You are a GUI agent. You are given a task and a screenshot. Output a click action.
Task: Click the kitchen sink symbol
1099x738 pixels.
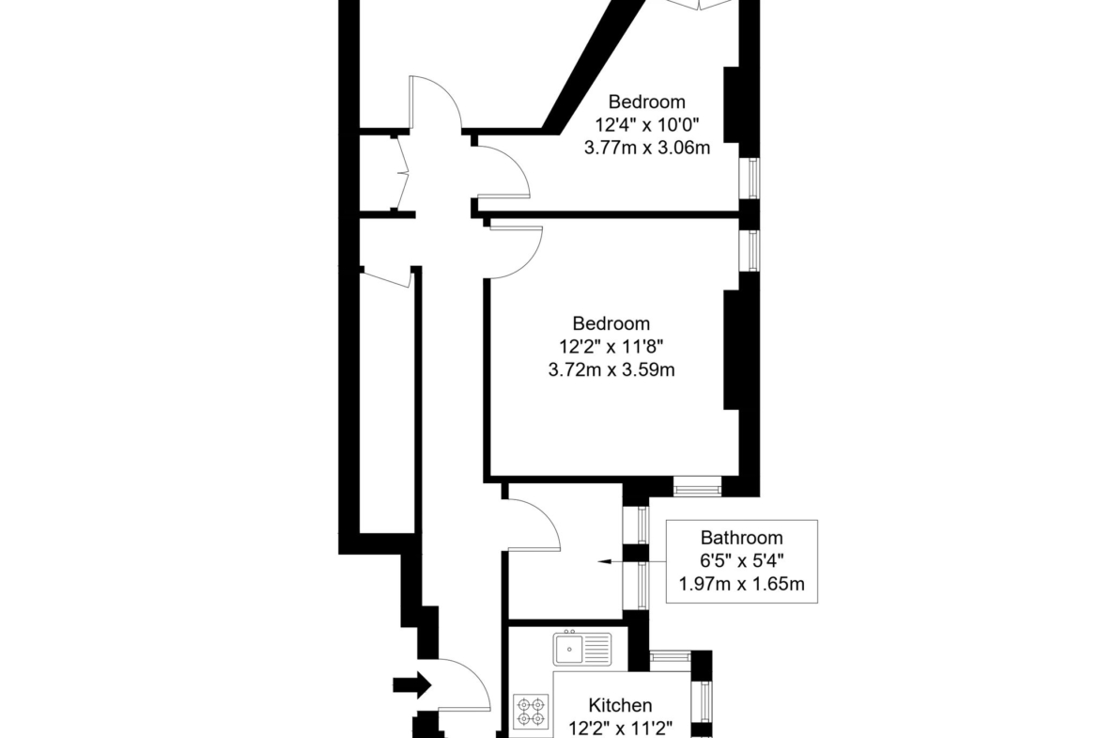click(x=581, y=648)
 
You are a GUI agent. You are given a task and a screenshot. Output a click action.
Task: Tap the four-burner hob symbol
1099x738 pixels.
click(x=531, y=712)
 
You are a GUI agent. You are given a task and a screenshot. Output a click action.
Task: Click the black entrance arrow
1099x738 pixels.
click(x=411, y=684)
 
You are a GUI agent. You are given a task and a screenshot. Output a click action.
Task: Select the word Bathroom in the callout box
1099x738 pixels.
click(x=741, y=538)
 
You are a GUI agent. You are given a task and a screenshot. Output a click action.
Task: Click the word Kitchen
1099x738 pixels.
click(x=620, y=705)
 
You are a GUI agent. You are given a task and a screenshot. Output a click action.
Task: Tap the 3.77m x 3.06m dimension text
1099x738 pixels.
click(x=647, y=148)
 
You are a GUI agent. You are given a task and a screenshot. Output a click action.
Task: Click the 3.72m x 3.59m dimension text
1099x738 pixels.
click(x=611, y=369)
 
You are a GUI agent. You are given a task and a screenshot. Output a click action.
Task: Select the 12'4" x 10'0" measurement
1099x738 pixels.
click(x=647, y=125)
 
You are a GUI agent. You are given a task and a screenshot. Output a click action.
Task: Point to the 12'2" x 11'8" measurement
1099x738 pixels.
click(x=611, y=347)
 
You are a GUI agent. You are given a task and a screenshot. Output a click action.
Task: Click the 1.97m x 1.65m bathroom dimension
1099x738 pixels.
click(x=741, y=584)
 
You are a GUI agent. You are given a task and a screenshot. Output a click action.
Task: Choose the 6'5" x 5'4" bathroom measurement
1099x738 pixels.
click(x=741, y=560)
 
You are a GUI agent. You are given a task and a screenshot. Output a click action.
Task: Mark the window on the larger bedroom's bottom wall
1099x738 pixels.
click(x=697, y=486)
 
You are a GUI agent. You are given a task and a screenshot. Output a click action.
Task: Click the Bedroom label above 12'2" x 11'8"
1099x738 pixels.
click(x=611, y=323)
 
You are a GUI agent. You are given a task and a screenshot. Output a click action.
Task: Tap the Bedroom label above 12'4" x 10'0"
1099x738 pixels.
click(x=647, y=102)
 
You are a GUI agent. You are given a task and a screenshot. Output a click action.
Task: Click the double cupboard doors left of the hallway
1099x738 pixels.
click(x=400, y=170)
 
